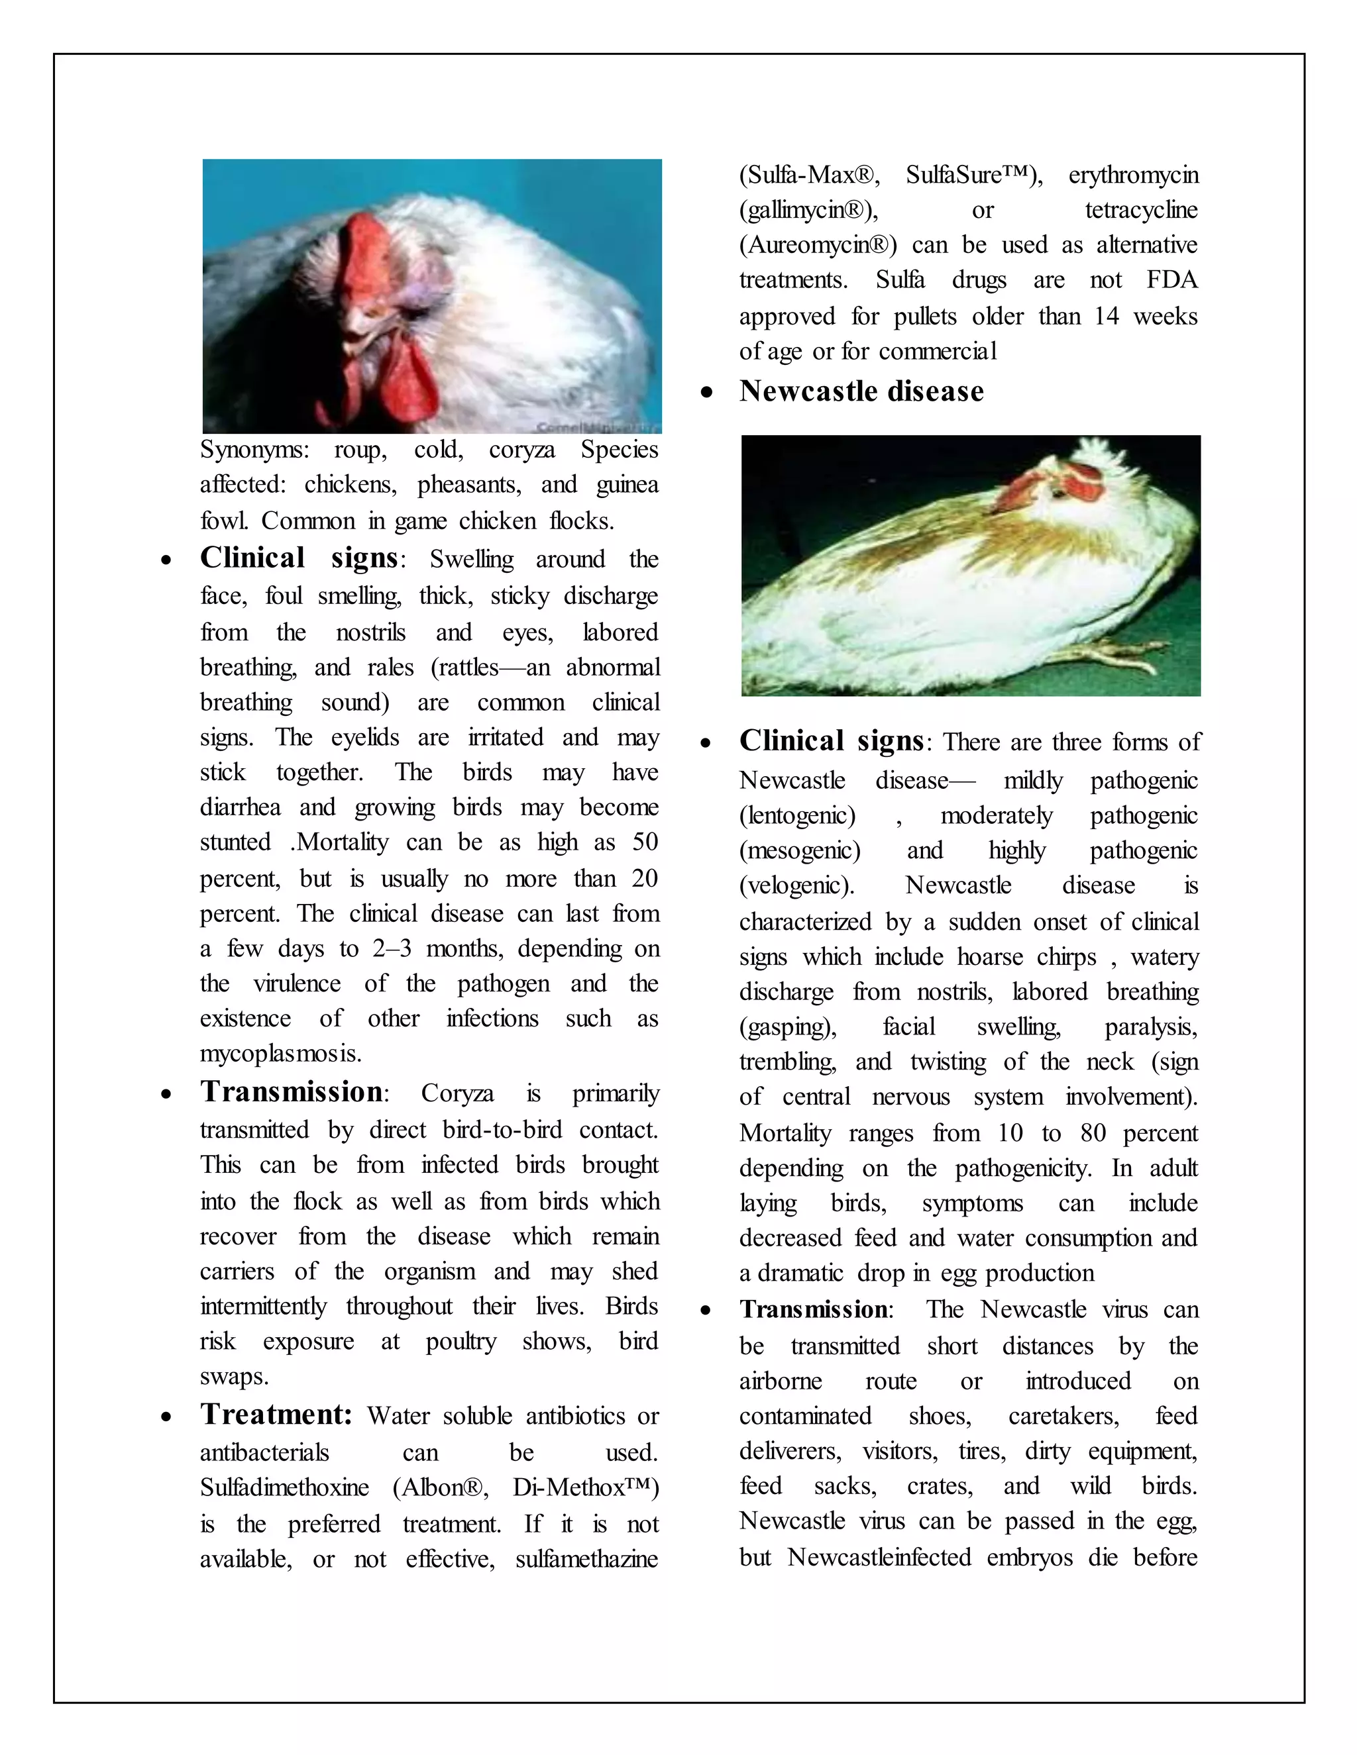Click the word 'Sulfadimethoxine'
284,1487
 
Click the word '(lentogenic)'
796,816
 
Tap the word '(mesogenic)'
799,850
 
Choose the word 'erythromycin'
1132,175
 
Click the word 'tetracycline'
1141,211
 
